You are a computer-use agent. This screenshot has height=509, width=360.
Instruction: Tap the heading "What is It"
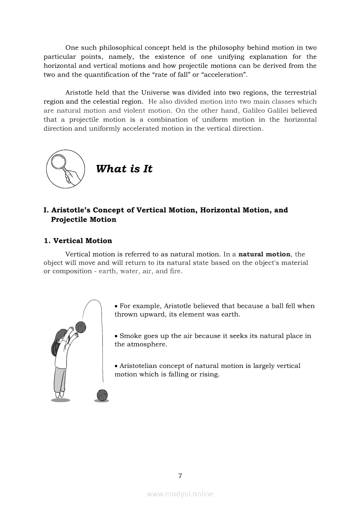tap(124, 169)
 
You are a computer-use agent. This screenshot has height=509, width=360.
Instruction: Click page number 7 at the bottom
tap(180, 475)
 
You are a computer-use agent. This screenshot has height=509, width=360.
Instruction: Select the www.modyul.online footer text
tap(180, 494)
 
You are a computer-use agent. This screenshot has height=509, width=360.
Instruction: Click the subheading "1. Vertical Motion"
tap(78, 241)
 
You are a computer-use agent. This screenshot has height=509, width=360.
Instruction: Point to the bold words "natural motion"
tap(265, 254)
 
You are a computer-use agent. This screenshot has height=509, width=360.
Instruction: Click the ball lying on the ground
tap(102, 395)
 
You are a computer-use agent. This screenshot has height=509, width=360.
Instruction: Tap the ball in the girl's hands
tap(81, 327)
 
